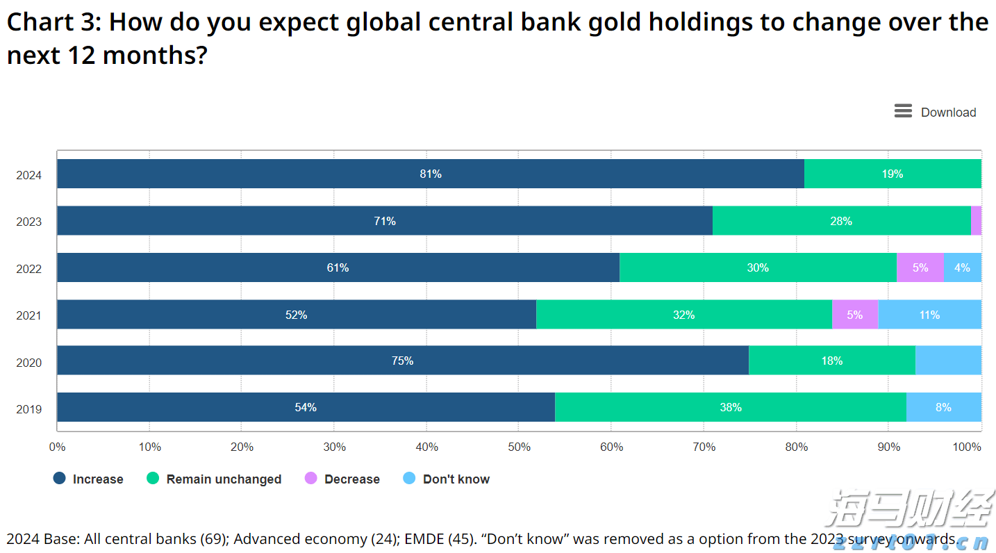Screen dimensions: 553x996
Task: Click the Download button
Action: [935, 112]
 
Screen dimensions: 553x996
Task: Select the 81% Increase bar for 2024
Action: [430, 174]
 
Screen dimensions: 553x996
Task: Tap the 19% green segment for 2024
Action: [893, 174]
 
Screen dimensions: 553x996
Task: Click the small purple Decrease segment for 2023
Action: [976, 221]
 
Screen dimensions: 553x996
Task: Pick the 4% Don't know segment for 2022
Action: [962, 267]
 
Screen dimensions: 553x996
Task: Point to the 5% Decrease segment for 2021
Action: [854, 315]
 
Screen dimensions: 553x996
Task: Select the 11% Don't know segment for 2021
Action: [929, 315]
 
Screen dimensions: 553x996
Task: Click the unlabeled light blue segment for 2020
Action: [948, 361]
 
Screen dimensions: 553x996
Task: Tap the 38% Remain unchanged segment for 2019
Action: [730, 407]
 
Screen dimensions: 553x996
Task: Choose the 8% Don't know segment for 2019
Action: [943, 407]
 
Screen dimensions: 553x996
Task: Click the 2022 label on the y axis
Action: [29, 269]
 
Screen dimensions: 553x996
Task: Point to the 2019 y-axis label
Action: [29, 409]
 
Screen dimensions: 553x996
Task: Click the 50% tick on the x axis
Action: [519, 447]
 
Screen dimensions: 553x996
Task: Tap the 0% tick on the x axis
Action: [57, 447]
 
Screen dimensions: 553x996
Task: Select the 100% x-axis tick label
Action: [968, 447]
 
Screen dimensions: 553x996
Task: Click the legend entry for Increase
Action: [89, 479]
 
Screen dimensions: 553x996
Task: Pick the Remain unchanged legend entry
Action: [215, 479]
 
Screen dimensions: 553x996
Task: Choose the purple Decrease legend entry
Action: [343, 479]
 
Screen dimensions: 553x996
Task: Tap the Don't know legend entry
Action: [447, 479]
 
